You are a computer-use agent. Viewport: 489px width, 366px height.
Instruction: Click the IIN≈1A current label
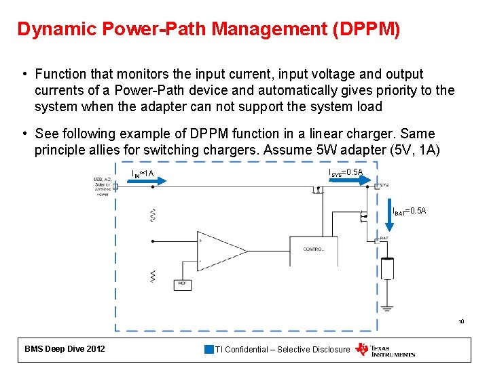[143, 178]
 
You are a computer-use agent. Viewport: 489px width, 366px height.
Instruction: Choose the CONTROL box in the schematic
[313, 250]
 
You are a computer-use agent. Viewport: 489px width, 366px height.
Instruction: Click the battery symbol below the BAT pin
[387, 269]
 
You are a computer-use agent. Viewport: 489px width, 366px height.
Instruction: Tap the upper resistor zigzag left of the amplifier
[153, 215]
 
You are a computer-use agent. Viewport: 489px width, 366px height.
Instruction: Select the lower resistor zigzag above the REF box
[153, 275]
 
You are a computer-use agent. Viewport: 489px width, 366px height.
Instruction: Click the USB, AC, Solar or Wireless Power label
[103, 186]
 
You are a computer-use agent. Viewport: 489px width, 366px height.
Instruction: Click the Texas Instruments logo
[385, 350]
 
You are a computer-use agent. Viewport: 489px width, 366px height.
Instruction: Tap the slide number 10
[460, 321]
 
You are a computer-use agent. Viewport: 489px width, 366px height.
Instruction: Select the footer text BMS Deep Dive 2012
[65, 349]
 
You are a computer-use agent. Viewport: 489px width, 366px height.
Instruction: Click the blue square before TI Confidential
[209, 350]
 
